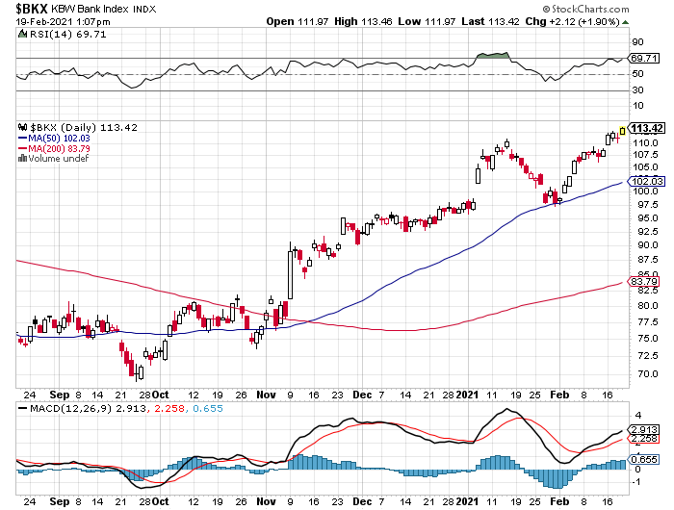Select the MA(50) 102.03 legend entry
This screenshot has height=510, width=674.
(x=56, y=138)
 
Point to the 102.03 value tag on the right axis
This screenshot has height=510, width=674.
(x=647, y=181)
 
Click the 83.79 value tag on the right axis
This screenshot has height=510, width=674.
(x=643, y=281)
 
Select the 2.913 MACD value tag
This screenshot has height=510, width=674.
(x=643, y=428)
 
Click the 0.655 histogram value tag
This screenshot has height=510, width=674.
(x=643, y=461)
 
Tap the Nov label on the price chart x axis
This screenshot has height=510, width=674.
(x=265, y=395)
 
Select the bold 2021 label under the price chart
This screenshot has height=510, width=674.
(x=467, y=395)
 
